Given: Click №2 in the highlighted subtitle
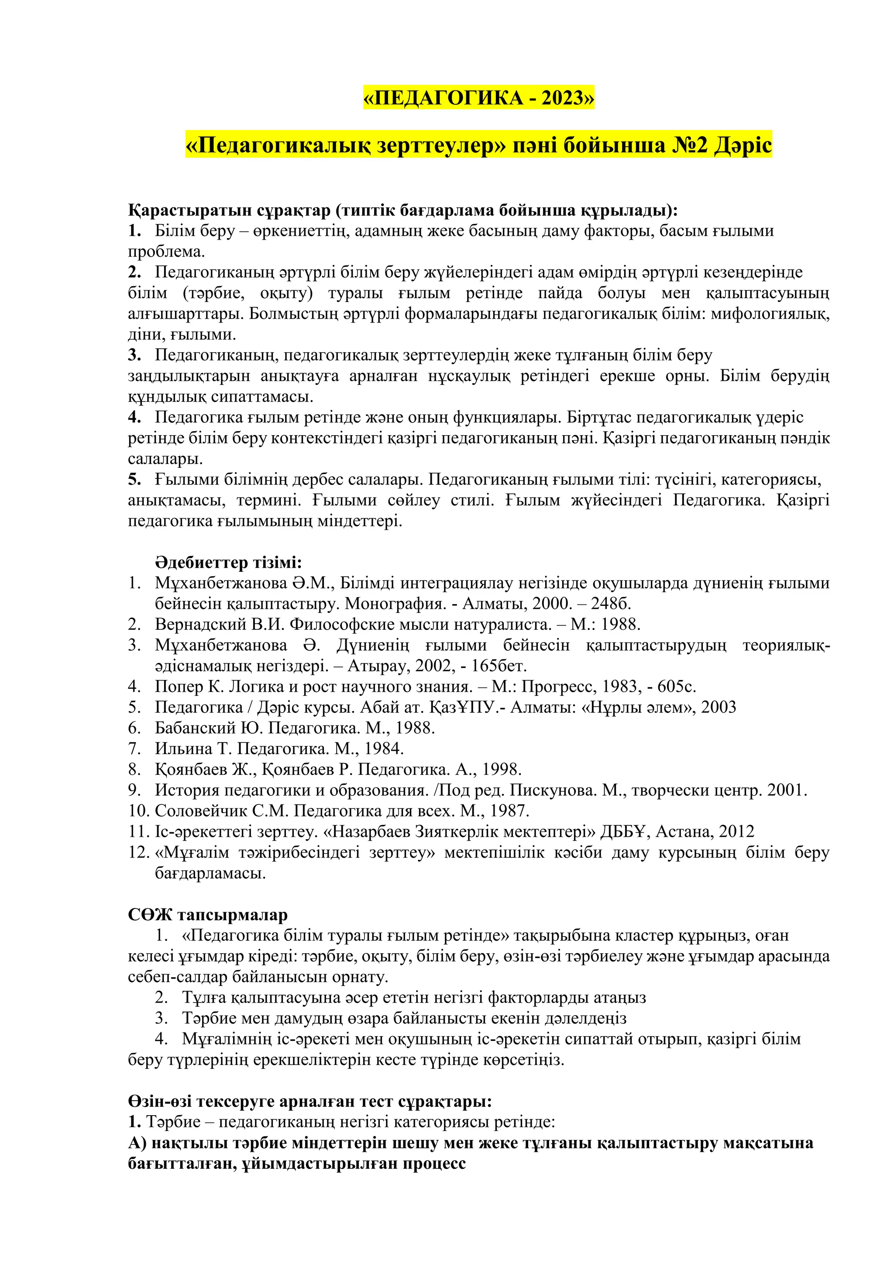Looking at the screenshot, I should [x=689, y=145].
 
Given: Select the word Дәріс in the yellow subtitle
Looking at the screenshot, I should [x=743, y=145].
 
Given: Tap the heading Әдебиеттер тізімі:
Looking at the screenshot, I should [x=228, y=563].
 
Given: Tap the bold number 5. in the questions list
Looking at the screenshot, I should [x=134, y=480].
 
